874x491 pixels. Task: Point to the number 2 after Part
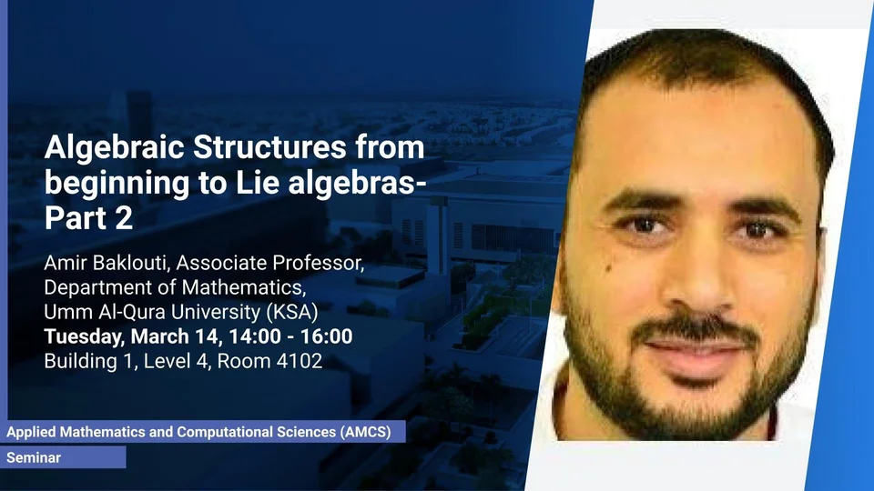click(125, 217)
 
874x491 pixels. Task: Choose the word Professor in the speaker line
click(318, 263)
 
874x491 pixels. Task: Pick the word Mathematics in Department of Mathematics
click(243, 287)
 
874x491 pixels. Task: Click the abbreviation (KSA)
click(292, 312)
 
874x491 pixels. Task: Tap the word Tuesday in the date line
click(84, 336)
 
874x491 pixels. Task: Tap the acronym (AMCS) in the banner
click(366, 432)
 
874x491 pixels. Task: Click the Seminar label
click(34, 457)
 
